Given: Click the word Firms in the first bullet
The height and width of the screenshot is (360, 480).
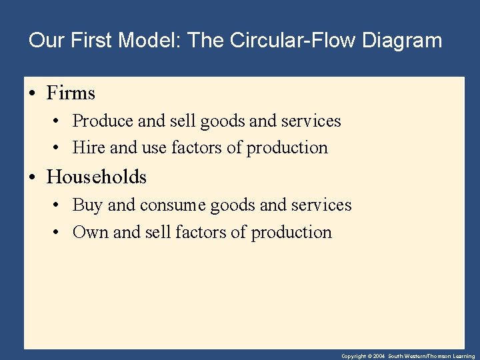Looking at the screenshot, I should pos(71,93).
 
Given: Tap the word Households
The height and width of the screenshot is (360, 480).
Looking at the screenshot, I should pos(97,177).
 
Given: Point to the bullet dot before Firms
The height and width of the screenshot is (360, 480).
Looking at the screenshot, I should pos(33,93).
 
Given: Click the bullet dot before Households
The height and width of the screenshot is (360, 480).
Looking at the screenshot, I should pos(33,177).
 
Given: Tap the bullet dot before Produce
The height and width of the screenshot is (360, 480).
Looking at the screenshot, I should pos(59,122).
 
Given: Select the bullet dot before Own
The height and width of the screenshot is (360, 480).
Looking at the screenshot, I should pos(59,233).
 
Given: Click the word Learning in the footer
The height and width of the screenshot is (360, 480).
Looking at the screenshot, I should pos(463,357).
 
